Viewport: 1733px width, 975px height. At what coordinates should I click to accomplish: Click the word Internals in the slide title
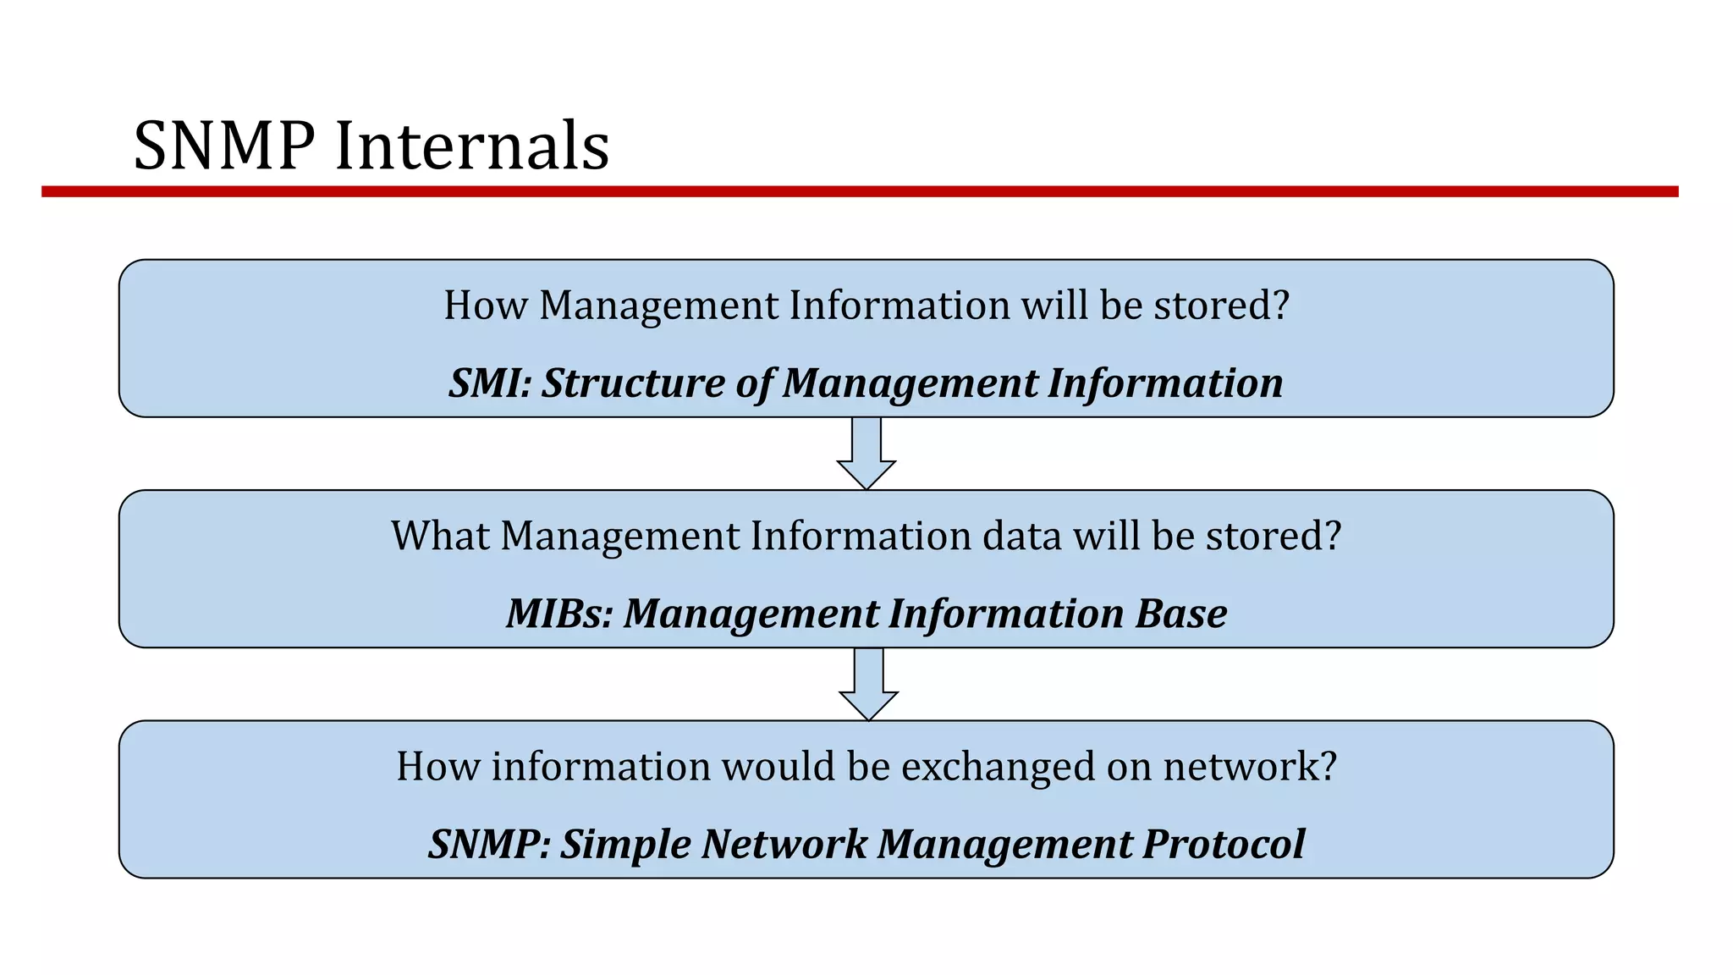472,146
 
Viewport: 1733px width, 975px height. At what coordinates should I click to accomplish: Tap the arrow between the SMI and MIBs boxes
866,453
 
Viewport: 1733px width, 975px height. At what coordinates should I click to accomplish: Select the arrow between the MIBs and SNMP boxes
868,684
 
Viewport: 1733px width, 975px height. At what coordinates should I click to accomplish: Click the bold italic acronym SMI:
490,383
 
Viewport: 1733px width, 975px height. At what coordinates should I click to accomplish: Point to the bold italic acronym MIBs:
559,614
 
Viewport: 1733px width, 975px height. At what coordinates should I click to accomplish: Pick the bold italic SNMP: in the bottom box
489,844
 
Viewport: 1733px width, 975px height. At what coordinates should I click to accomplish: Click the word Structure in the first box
633,383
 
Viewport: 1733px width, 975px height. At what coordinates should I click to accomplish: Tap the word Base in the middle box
1181,614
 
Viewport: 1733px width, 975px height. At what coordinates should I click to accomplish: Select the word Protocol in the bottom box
1224,844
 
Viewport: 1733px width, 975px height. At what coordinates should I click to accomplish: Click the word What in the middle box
440,536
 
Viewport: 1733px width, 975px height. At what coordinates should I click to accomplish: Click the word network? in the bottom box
1250,767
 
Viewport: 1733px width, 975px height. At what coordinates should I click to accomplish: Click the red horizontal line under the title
860,192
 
